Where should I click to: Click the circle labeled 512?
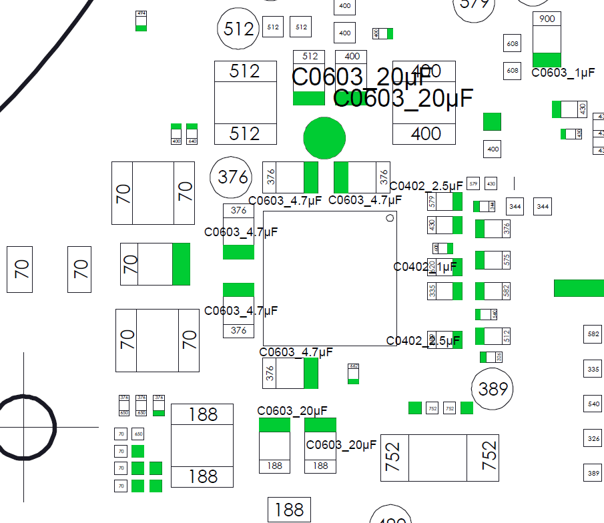pyautogui.click(x=239, y=29)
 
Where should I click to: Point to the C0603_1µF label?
pyautogui.click(x=563, y=73)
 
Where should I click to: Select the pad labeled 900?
pyautogui.click(x=547, y=19)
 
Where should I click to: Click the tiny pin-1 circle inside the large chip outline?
pyautogui.click(x=390, y=218)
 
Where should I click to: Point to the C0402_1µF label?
pyautogui.click(x=425, y=267)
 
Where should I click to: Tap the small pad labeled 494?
pyautogui.click(x=141, y=14)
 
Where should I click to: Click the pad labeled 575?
pyautogui.click(x=506, y=260)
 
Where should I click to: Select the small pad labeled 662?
pyautogui.click(x=354, y=367)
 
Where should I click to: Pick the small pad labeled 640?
pyautogui.click(x=192, y=141)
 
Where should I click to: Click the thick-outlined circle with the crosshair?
pyautogui.click(x=25, y=427)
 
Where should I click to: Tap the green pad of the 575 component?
pyautogui.click(x=480, y=260)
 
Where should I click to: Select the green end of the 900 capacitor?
pyautogui.click(x=547, y=60)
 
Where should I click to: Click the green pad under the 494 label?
pyautogui.click(x=141, y=27)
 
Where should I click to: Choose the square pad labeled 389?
pyautogui.click(x=593, y=474)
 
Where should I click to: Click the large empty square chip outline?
pyautogui.click(x=330, y=278)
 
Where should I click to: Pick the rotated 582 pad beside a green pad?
pyautogui.click(x=506, y=292)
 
